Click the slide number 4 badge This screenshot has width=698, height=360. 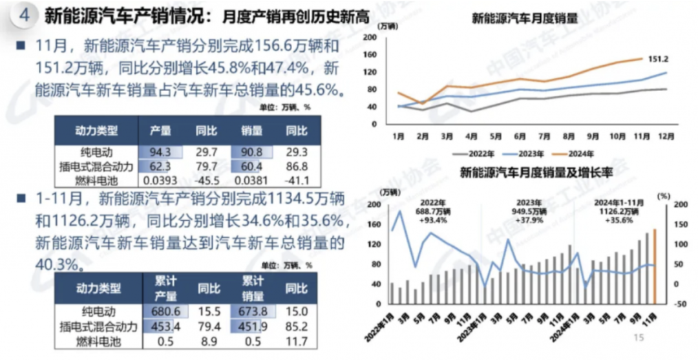25,16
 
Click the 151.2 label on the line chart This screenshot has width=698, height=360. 658,59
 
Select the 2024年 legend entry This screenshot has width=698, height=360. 578,153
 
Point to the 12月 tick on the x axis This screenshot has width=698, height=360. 666,136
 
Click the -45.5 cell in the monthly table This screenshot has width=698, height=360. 206,180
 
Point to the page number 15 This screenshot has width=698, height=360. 639,337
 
